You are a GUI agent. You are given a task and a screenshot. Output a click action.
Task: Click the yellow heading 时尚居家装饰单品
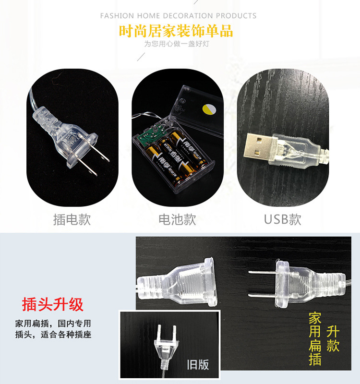176,31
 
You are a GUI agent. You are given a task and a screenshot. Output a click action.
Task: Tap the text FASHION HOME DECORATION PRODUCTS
178,16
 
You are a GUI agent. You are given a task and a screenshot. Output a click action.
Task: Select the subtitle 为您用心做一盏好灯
177,44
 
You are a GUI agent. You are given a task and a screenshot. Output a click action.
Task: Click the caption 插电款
72,219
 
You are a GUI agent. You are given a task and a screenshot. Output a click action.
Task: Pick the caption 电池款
177,219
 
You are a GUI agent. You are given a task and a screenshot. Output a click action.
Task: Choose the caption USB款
283,219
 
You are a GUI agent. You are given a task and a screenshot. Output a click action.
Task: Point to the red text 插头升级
53,304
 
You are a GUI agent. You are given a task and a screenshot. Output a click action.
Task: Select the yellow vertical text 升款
333,339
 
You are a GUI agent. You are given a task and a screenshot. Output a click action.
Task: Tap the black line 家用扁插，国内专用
53,324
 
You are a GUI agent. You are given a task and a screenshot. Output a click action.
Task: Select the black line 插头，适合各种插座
53,335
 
